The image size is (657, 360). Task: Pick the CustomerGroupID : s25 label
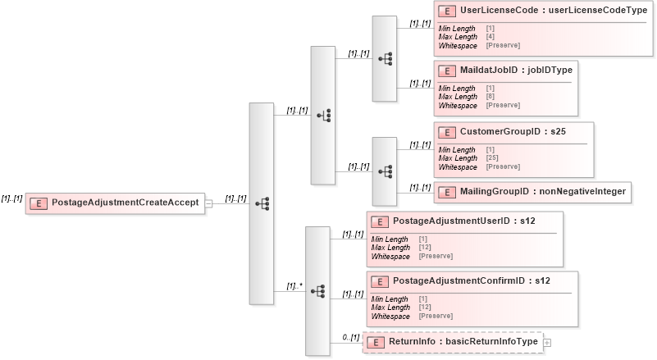tap(513, 131)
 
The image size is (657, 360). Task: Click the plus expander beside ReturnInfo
tap(547, 342)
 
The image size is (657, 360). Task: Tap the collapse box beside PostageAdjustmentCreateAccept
tap(209, 203)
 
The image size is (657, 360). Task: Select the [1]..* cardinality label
tap(294, 286)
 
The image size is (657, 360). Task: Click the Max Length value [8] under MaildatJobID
tap(490, 97)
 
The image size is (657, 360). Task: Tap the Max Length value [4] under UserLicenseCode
tap(490, 37)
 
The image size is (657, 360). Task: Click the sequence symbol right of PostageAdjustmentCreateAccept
tap(262, 203)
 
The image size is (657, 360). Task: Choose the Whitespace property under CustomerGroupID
tap(458, 167)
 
